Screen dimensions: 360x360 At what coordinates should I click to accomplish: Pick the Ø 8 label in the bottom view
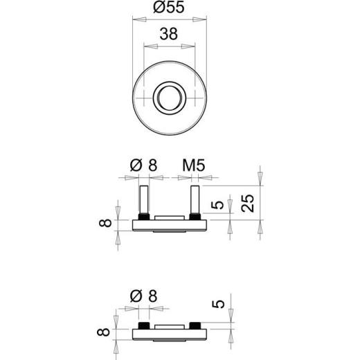[143, 296]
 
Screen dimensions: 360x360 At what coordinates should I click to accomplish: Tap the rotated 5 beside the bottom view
[219, 304]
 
